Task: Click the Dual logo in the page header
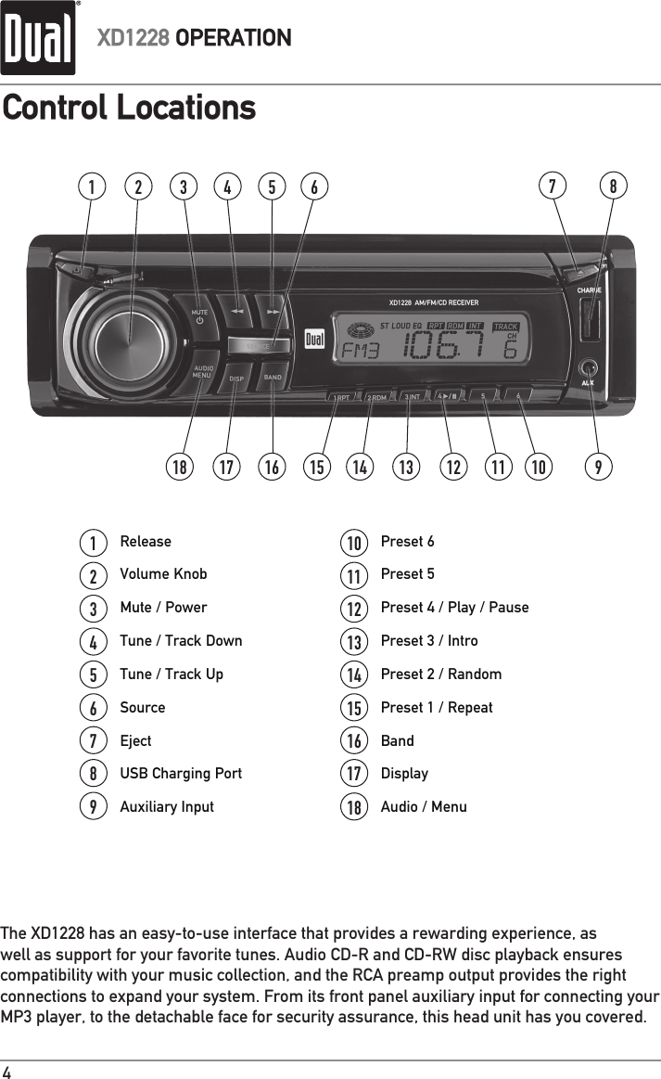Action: coord(38,39)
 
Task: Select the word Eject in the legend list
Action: coord(135,740)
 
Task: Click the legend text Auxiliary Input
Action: coord(167,806)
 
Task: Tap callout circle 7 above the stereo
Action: coord(553,186)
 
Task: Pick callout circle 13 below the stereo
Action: coord(405,468)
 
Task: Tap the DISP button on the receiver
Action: coord(236,378)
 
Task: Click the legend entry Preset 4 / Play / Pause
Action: coord(454,607)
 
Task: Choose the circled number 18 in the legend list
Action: coord(353,807)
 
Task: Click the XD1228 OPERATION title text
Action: coord(195,39)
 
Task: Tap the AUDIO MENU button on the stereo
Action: coord(203,372)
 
